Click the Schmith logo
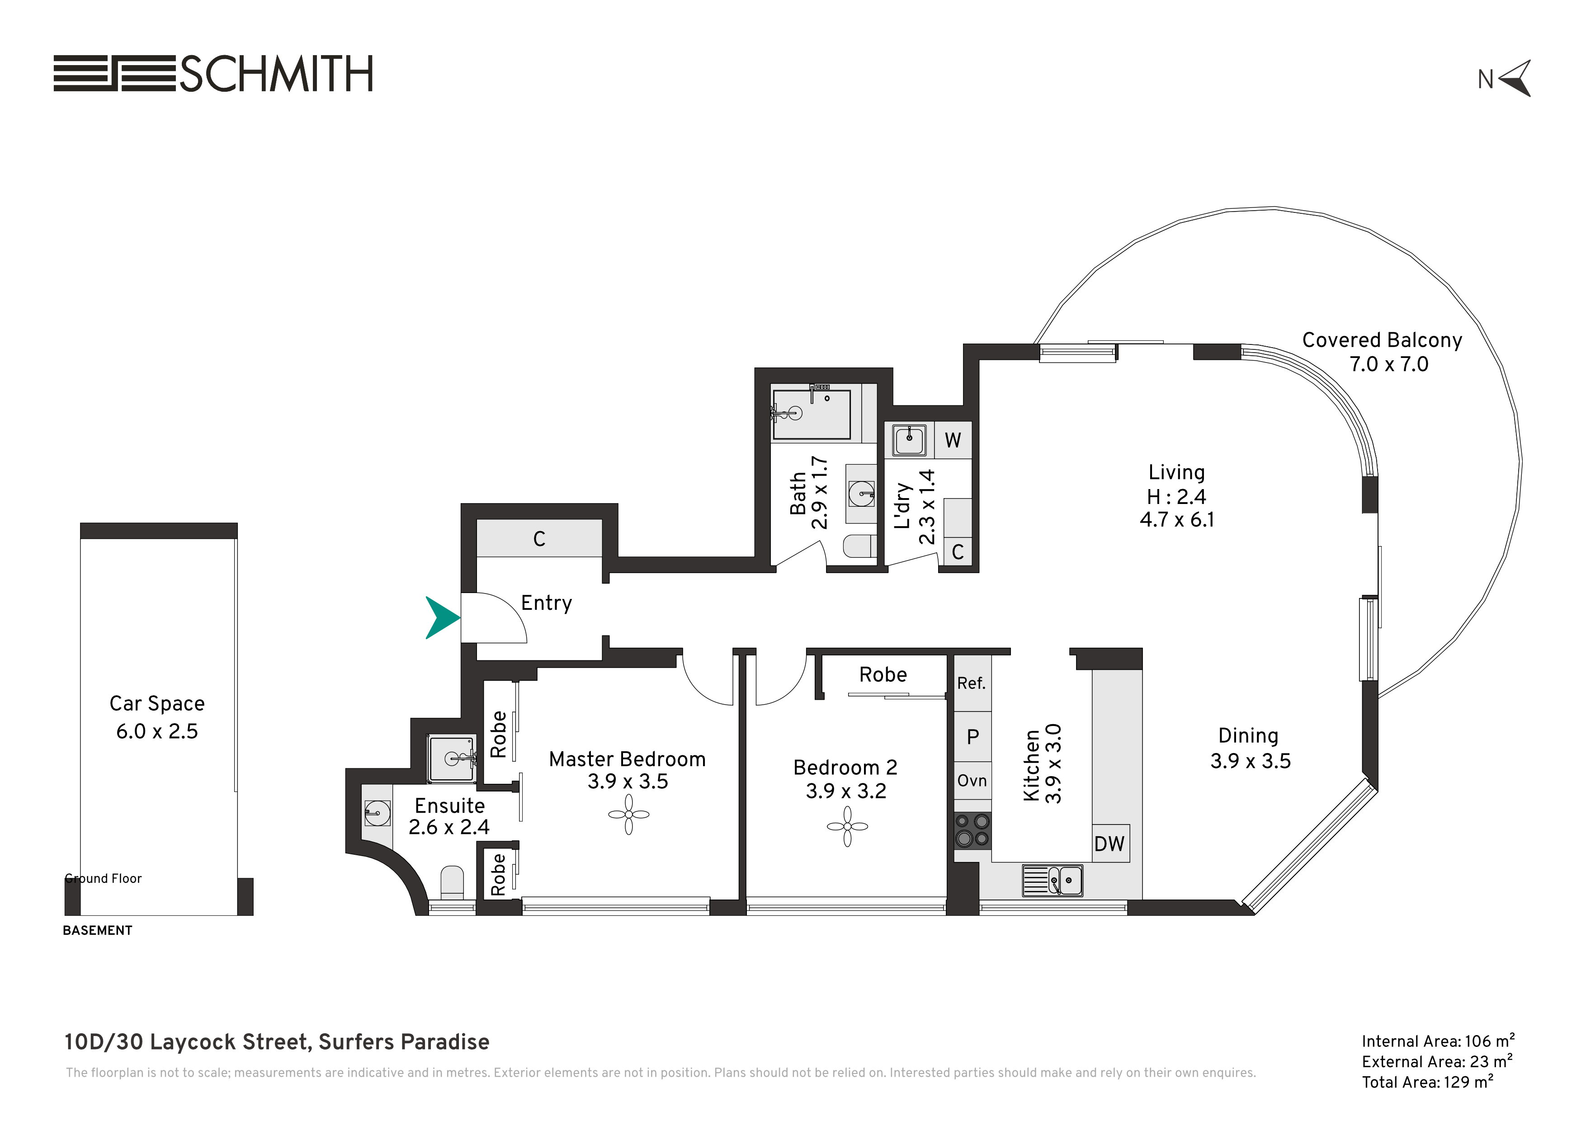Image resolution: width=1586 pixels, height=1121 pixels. (x=213, y=73)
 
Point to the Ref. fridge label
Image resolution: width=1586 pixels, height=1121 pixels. (x=971, y=683)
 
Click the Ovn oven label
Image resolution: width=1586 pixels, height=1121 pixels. (x=972, y=781)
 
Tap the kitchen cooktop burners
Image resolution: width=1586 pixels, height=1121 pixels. (x=972, y=830)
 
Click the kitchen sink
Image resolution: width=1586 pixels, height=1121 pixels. (x=1053, y=881)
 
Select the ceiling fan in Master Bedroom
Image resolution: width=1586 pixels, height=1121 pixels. (x=628, y=815)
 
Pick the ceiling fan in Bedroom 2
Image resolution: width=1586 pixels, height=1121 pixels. (x=848, y=826)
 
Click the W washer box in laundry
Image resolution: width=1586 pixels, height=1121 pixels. (x=953, y=440)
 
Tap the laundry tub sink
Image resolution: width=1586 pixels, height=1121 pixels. (x=909, y=440)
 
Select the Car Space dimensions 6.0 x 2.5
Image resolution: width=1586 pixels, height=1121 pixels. (x=157, y=731)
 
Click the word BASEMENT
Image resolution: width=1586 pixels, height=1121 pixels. (x=97, y=930)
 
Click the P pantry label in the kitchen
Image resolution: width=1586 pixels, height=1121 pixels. (x=972, y=737)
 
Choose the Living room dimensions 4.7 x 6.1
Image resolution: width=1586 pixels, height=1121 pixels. (x=1177, y=519)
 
